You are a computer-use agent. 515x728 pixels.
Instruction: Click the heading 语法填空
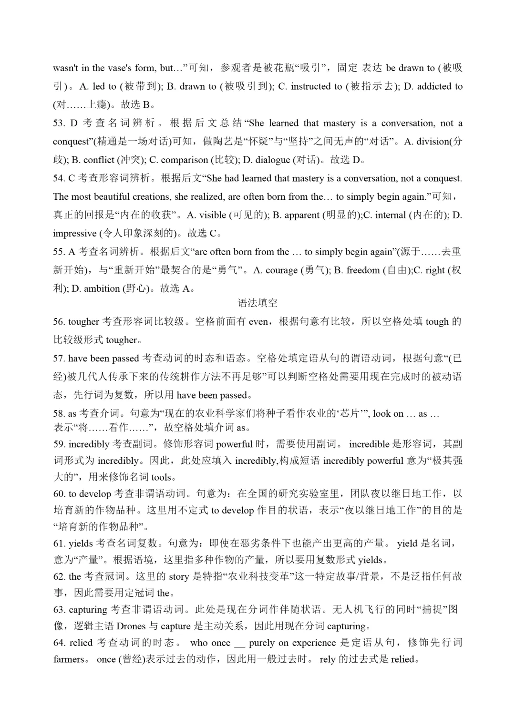[257, 303]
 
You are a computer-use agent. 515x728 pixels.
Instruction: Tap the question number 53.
[59, 123]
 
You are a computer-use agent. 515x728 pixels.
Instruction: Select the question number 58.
[59, 413]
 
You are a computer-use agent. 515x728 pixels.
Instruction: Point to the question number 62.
[59, 576]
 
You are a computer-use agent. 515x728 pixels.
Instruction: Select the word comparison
[184, 160]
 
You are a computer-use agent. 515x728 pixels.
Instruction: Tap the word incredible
[369, 444]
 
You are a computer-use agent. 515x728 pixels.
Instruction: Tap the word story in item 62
[179, 576]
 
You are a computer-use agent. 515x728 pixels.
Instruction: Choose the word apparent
[302, 215]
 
